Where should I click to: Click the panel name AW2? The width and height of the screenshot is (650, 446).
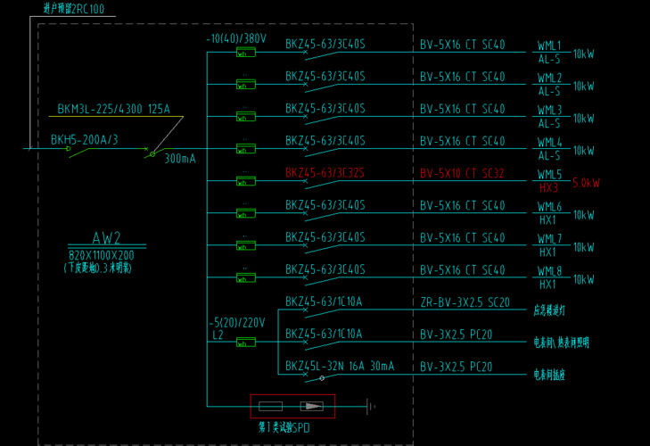(106, 238)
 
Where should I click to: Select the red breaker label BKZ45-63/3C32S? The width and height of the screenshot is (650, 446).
(325, 173)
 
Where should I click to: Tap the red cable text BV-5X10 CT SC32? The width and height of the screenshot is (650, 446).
(462, 173)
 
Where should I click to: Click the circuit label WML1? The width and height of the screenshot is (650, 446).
(549, 45)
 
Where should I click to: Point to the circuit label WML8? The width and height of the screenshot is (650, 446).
(549, 270)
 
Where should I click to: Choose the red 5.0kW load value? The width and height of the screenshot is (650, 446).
(586, 183)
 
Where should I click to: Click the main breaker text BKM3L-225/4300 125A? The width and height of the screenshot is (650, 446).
(113, 110)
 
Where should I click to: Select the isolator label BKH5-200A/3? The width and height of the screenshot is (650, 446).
(84, 140)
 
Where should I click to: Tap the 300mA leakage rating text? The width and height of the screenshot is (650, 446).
(179, 159)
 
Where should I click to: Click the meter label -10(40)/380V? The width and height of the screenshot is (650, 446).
(236, 39)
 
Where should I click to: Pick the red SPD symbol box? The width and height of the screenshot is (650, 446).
(292, 406)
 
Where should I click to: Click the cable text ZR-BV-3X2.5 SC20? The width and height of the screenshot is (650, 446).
(465, 302)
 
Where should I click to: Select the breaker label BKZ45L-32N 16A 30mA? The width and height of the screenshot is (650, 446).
(339, 366)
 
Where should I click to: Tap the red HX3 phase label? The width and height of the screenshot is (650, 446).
(548, 188)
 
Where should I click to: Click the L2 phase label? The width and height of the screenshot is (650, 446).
(218, 334)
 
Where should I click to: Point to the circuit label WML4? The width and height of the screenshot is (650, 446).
(549, 142)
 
